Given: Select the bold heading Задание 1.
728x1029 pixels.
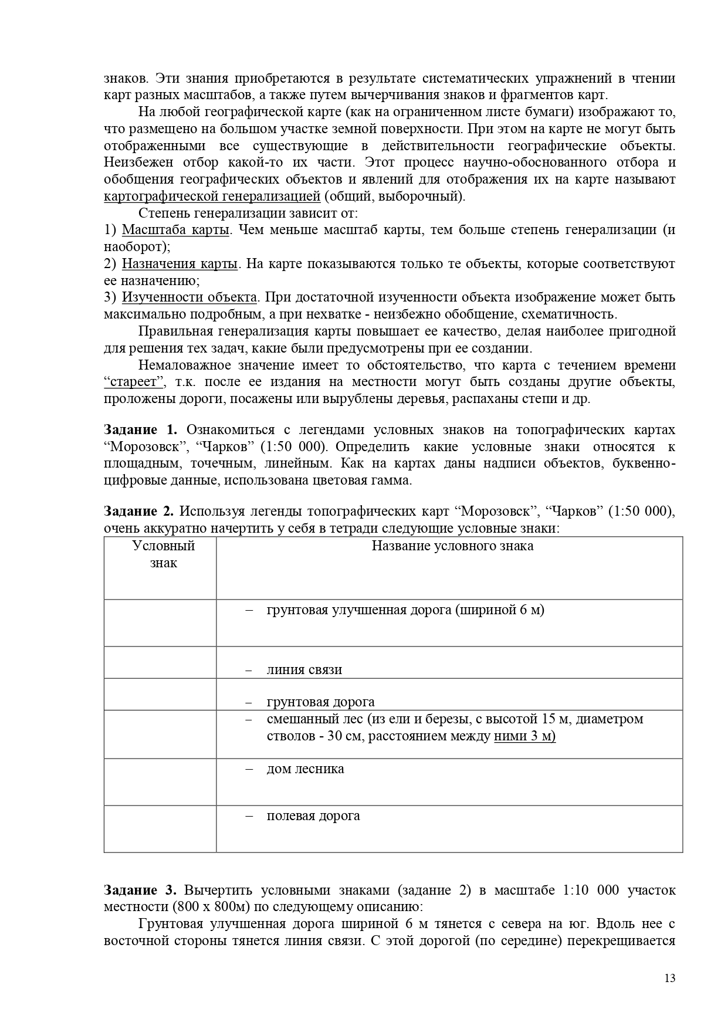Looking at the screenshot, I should point(140,429).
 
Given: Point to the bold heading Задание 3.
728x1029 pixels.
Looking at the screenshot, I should point(140,890).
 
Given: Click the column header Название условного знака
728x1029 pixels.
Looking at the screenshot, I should point(452,546).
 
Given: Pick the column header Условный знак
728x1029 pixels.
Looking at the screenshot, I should point(164,554).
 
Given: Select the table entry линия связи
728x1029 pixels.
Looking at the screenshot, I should point(304,670).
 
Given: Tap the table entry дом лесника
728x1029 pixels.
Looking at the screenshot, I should point(305,769).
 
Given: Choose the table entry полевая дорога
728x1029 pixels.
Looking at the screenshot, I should point(313,815).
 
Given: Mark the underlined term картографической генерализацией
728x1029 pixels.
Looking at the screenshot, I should point(212,196).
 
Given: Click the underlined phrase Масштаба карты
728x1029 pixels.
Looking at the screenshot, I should point(175,229).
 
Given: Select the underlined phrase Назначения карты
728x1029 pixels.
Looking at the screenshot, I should point(180,263).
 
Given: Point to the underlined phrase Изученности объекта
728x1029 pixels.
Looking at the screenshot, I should point(189,297).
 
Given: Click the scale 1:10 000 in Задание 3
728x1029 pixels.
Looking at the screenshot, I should point(590,890).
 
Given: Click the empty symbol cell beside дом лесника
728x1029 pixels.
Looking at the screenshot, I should point(160,781).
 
